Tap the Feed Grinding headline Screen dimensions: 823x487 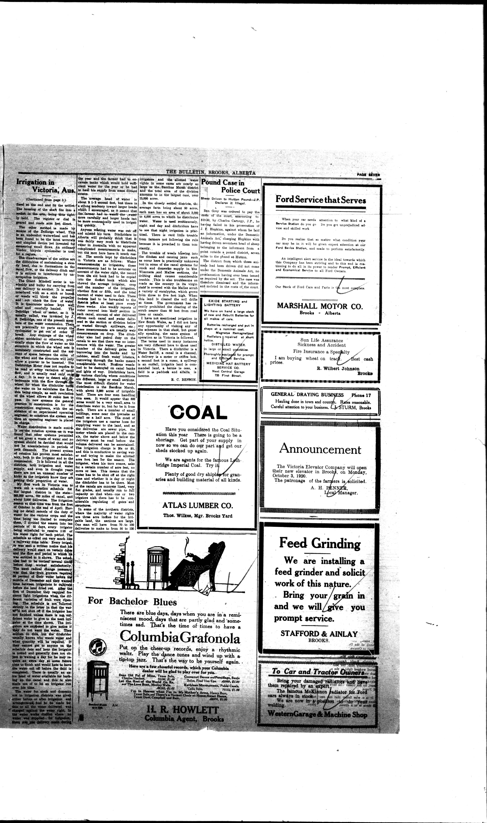(x=320, y=543)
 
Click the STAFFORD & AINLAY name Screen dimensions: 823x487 (x=319, y=634)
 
